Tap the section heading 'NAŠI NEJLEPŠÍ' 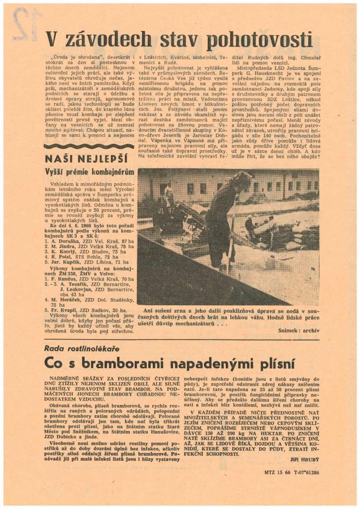tap(86, 159)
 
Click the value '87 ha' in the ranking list tap(128, 241)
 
